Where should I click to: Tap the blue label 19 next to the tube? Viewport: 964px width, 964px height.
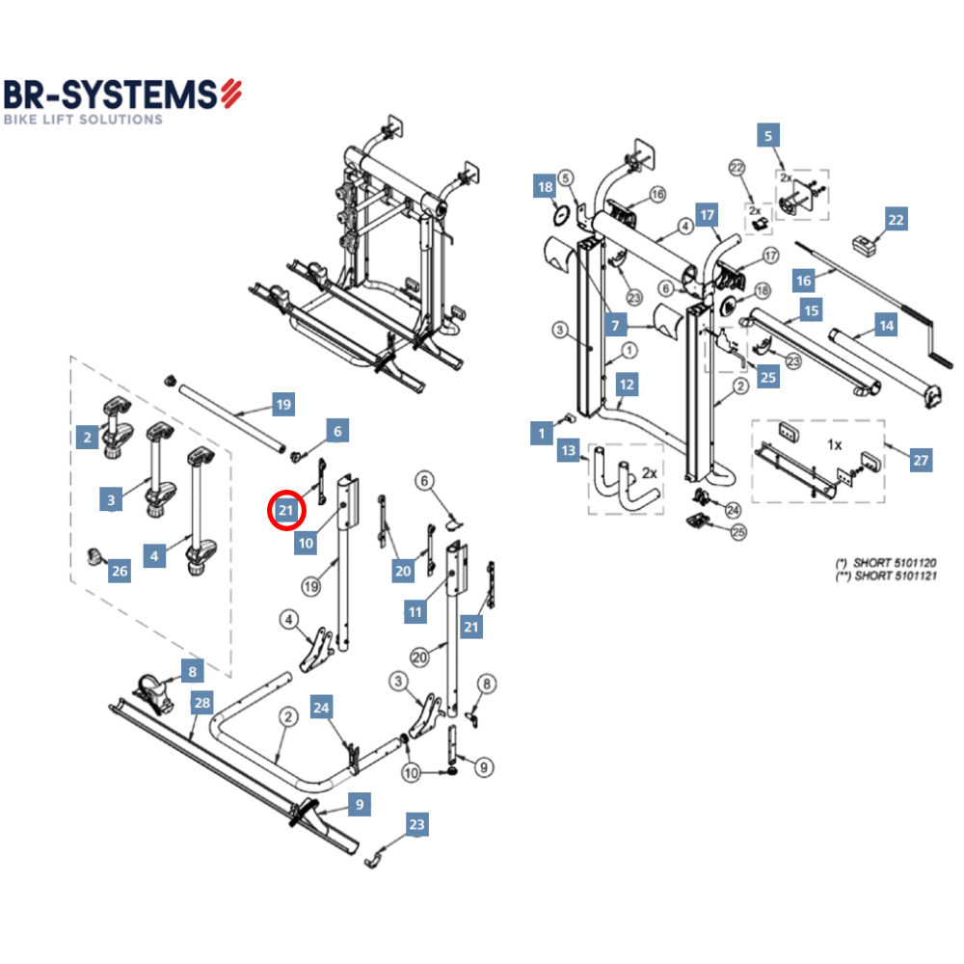point(282,405)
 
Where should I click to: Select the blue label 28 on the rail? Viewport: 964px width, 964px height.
point(201,703)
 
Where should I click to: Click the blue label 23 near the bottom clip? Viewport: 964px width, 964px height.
point(415,825)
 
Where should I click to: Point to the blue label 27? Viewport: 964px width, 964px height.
point(921,461)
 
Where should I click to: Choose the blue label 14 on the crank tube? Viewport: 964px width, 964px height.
point(885,326)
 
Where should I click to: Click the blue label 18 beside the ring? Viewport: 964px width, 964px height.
point(545,187)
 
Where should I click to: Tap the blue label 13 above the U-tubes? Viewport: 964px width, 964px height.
point(569,451)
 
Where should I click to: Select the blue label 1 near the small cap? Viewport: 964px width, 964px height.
point(542,434)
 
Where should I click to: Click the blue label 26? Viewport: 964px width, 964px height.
point(119,572)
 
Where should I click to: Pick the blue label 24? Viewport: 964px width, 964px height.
point(322,709)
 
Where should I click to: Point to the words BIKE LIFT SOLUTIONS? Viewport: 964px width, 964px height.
point(83,120)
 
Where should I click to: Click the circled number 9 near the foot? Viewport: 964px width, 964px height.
point(483,767)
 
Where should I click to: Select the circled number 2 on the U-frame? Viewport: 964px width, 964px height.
point(287,716)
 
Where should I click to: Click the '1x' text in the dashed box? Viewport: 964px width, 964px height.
point(835,445)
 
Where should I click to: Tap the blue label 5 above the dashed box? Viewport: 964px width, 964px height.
point(767,136)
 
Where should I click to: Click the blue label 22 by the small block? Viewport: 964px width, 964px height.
point(897,220)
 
